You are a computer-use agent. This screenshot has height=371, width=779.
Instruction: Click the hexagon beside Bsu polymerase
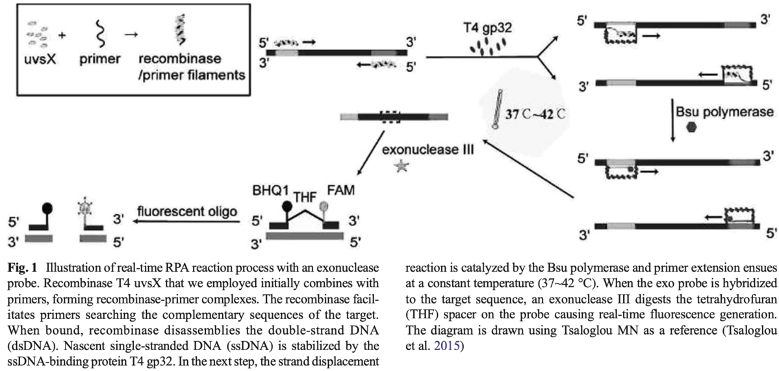click(x=693, y=127)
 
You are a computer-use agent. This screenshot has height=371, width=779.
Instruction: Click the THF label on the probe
click(x=307, y=198)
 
